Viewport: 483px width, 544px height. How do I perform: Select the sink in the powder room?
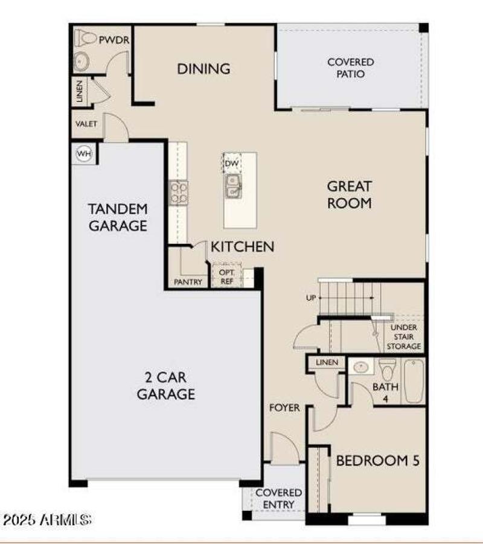pyautogui.click(x=82, y=60)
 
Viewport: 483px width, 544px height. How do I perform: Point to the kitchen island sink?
pyautogui.click(x=232, y=186)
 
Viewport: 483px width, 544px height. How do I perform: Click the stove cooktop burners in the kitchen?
pyautogui.click(x=179, y=193)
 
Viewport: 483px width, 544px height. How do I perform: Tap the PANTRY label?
pyautogui.click(x=188, y=282)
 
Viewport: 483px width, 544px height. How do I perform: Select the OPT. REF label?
pyautogui.click(x=226, y=277)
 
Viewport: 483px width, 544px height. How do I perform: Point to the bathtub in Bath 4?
pyautogui.click(x=414, y=381)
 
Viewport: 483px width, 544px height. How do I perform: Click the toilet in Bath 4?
pyautogui.click(x=388, y=368)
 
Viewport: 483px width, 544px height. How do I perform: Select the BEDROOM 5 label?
pyautogui.click(x=377, y=461)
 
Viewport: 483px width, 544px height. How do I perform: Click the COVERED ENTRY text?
pyautogui.click(x=278, y=499)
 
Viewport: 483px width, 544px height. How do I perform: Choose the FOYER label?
pyautogui.click(x=284, y=408)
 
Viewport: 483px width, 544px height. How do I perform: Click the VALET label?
pyautogui.click(x=86, y=124)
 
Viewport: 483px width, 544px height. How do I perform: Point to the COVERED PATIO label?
pyautogui.click(x=350, y=68)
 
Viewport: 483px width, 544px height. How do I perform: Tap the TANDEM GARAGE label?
pyautogui.click(x=118, y=217)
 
